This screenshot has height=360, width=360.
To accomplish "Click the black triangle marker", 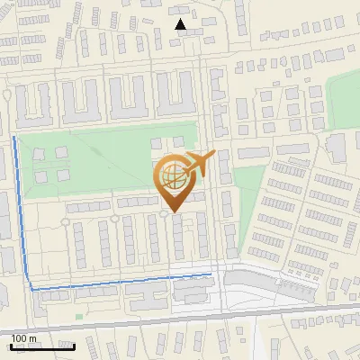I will tap(181, 24).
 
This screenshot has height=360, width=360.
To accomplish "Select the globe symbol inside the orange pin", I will tap(171, 179).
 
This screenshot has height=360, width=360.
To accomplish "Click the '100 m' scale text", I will tap(24, 338).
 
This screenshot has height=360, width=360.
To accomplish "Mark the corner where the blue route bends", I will tap(32, 289).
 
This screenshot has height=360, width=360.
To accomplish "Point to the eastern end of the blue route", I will tap(211, 273).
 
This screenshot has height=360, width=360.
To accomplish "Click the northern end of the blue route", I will tap(13, 138).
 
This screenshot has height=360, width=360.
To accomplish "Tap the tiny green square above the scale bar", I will tap(79, 316).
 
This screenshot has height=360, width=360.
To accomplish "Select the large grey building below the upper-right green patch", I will tap(337, 148).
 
